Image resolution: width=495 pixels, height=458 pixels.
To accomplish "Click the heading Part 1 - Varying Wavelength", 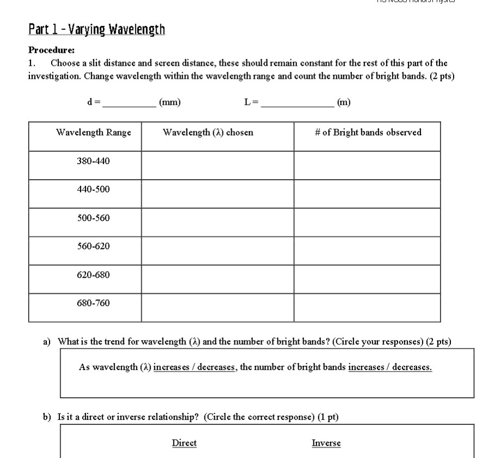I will [96, 29].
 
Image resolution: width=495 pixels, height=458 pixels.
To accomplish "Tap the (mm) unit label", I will [170, 102].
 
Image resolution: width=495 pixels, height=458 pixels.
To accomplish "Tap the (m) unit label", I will [344, 102].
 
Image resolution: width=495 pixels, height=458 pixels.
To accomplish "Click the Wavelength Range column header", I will [94, 133].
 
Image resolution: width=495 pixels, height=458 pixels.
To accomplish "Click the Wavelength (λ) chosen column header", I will [208, 133].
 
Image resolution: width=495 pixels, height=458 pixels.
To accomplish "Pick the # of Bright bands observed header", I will [368, 133].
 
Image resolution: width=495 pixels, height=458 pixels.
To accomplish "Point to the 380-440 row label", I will [94, 161].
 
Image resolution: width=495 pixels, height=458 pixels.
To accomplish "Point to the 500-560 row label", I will [94, 218].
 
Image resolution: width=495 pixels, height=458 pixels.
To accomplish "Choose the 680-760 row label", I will [94, 303].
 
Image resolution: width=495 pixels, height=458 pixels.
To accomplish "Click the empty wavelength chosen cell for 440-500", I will [218, 193].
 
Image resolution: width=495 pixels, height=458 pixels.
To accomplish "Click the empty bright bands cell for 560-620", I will [367, 250].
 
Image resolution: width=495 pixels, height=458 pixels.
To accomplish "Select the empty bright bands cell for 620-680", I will [367, 279].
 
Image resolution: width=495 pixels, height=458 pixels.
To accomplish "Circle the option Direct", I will [184, 443].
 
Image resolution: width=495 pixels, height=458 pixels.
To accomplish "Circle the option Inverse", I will [326, 443].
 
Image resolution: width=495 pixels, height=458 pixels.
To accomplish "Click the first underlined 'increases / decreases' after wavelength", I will [195, 367].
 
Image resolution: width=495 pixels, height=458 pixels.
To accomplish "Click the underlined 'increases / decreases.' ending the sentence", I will [390, 367].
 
